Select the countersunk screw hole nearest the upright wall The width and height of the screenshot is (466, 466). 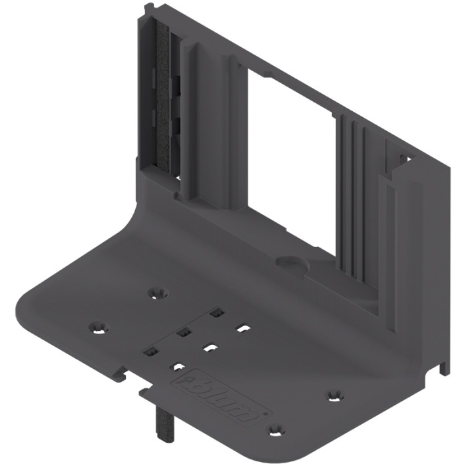[158, 292]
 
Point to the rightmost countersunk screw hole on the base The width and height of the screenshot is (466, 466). [336, 396]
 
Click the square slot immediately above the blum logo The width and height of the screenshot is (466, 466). [178, 365]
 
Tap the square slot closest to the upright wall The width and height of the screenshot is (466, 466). [215, 312]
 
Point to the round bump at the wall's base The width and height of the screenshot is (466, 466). [291, 262]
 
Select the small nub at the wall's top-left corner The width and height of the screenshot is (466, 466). [147, 9]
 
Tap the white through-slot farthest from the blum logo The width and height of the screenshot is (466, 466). [243, 328]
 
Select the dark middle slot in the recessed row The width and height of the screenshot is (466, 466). [184, 331]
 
